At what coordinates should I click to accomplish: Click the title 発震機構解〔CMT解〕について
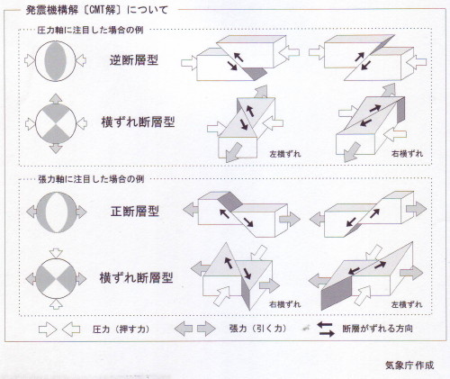coord(96,10)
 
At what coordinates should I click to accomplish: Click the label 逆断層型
coord(134,60)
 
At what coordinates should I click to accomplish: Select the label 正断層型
coord(135,212)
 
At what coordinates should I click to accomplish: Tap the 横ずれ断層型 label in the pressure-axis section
coord(138,122)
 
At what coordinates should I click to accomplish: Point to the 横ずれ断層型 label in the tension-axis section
coord(137,277)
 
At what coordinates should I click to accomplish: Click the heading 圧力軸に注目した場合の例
coord(90,30)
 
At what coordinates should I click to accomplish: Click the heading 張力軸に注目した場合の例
coord(91,179)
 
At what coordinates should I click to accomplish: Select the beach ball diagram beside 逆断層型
coord(56,61)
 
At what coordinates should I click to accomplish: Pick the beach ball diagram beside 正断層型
coord(57,212)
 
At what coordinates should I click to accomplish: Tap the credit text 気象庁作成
coord(409,365)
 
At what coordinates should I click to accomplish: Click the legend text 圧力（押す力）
coord(121,329)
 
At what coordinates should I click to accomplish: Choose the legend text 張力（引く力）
coord(257,329)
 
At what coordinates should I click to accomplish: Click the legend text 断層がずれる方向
coord(377,329)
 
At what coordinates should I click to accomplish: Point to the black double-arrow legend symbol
coord(326,329)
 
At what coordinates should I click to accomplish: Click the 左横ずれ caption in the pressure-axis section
coord(285,154)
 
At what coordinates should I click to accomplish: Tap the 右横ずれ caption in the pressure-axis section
coord(407,154)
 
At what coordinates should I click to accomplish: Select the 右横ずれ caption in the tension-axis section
coord(284,304)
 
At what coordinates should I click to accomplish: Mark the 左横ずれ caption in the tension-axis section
coord(407,304)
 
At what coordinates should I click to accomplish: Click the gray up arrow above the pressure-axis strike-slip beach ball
coord(56,99)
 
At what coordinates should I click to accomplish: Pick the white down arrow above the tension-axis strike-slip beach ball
coord(56,253)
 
